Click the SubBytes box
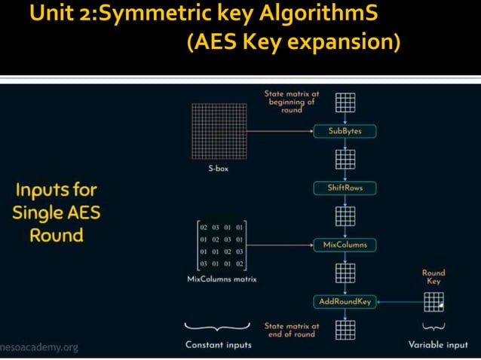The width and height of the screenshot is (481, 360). [x=345, y=131]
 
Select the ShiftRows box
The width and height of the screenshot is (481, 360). [x=345, y=188]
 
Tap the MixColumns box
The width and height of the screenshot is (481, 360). [x=345, y=245]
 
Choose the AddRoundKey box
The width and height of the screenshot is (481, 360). [x=345, y=301]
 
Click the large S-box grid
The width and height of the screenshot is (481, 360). [x=219, y=130]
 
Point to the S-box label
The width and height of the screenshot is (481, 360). [x=219, y=169]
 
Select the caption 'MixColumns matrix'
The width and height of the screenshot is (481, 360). [x=222, y=279]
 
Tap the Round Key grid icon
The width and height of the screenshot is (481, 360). [x=434, y=301]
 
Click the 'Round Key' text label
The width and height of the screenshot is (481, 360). [x=434, y=276]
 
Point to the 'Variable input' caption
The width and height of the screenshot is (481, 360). [x=438, y=345]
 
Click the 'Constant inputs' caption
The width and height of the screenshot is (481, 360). [x=218, y=345]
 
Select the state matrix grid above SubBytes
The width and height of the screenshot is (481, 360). [x=345, y=101]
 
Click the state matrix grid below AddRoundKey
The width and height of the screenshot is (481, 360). [x=345, y=329]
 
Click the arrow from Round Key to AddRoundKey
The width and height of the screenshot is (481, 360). [x=400, y=301]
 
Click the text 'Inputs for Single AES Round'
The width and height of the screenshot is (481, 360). [x=56, y=212]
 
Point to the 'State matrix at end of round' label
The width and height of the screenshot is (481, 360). [x=292, y=330]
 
